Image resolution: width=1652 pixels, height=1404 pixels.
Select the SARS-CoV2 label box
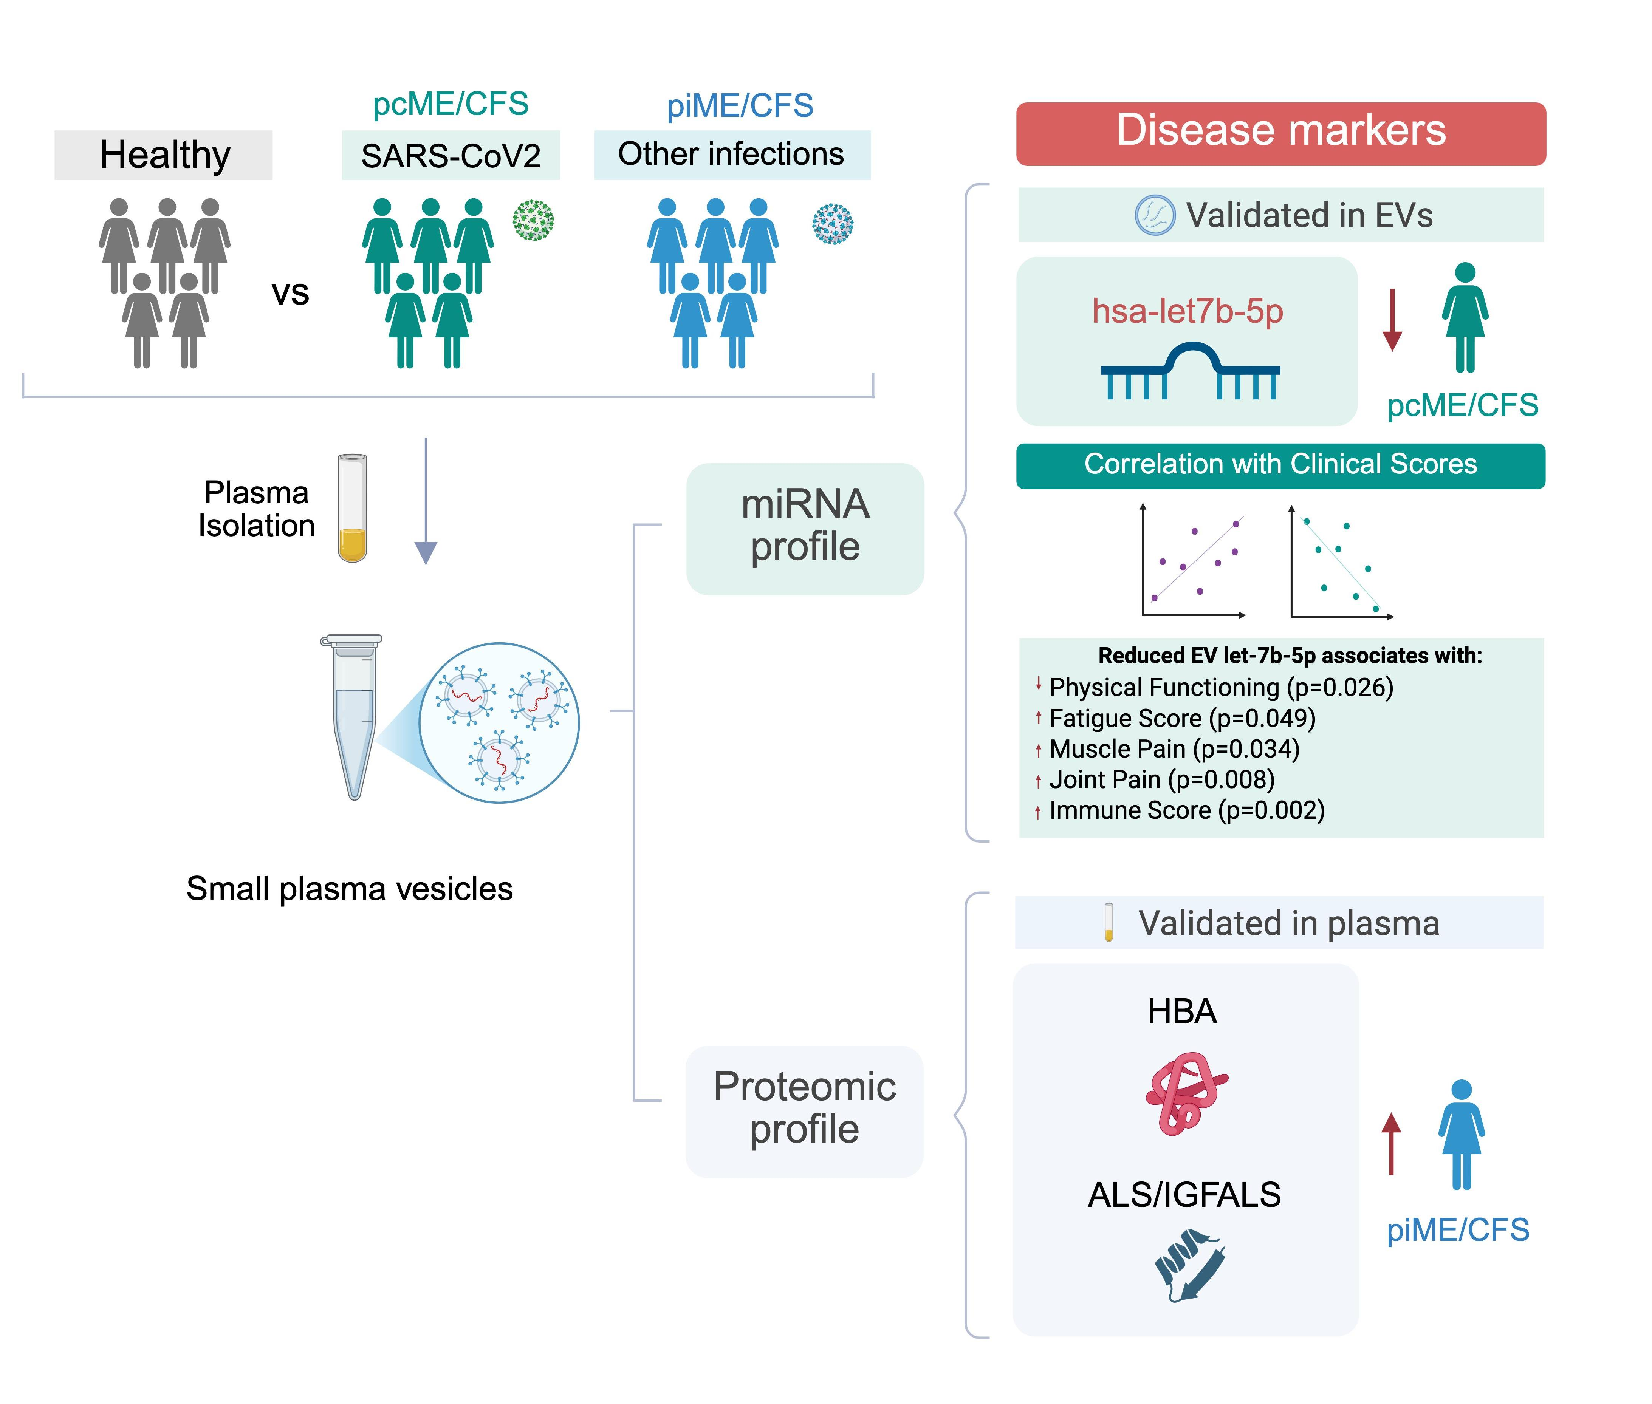tap(451, 155)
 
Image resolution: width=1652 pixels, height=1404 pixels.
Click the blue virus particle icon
tap(833, 224)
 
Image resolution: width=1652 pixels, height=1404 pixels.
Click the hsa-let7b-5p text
tap(1187, 311)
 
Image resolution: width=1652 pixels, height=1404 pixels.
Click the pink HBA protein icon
tap(1186, 1093)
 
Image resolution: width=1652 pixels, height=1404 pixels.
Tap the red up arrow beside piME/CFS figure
tap(1391, 1144)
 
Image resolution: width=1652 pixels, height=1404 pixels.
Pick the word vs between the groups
tap(290, 293)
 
